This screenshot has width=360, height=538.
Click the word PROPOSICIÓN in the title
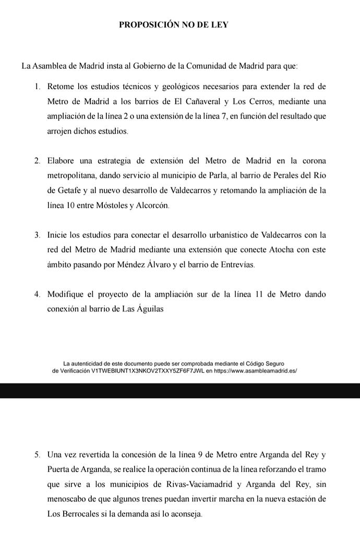click(x=149, y=25)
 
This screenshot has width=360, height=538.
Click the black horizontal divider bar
click(x=180, y=390)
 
